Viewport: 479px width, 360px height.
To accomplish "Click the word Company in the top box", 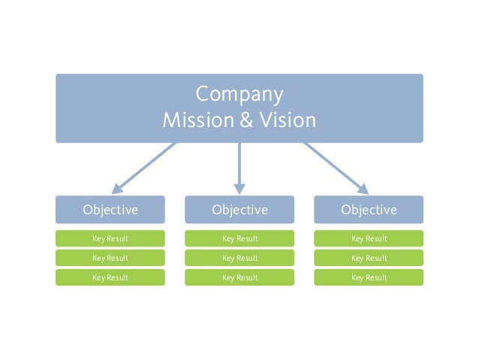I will pyautogui.click(x=239, y=95).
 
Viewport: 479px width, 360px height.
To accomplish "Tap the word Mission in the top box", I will pyautogui.click(x=191, y=120).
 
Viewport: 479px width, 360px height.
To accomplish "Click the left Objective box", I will pyautogui.click(x=110, y=210).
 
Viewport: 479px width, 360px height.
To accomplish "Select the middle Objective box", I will pyautogui.click(x=239, y=210).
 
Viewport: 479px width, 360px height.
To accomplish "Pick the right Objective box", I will pyautogui.click(x=369, y=210).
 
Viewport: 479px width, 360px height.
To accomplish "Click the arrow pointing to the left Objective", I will pyautogui.click(x=144, y=168).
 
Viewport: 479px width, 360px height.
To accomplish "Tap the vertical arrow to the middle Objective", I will pyautogui.click(x=239, y=165).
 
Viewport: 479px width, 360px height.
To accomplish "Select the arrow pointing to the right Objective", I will pyautogui.click(x=336, y=168).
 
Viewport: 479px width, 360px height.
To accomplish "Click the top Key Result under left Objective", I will pyautogui.click(x=110, y=239).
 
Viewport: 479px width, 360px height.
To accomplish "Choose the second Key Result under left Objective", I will pyautogui.click(x=110, y=259).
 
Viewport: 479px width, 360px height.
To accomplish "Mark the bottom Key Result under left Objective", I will pyautogui.click(x=110, y=278).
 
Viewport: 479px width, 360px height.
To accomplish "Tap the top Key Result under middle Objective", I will pyautogui.click(x=239, y=239).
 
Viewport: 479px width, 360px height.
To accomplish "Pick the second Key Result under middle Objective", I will pyautogui.click(x=239, y=259).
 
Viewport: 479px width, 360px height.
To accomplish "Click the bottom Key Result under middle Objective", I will pyautogui.click(x=239, y=278).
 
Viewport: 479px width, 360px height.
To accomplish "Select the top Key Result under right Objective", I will pyautogui.click(x=369, y=239).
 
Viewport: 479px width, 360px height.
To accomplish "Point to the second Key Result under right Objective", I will pyautogui.click(x=369, y=259).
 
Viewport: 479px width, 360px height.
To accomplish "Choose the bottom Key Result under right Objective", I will pyautogui.click(x=369, y=278).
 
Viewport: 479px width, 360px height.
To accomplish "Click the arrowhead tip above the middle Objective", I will pyautogui.click(x=239, y=192).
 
